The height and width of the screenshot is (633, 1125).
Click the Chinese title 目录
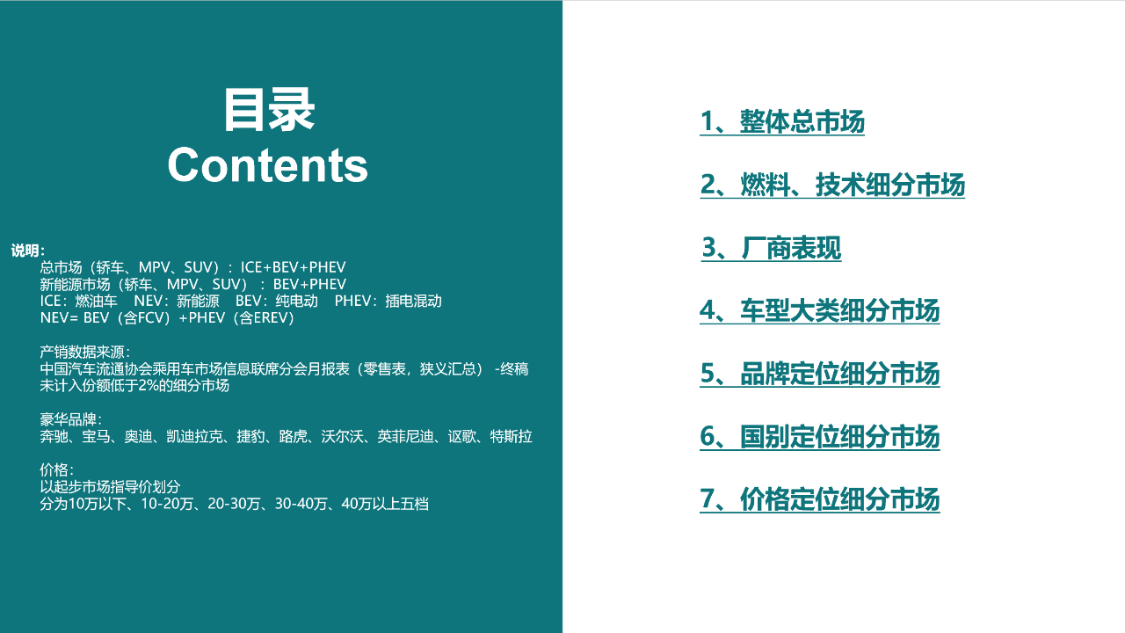pos(268,110)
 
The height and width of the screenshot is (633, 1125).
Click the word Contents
pos(268,164)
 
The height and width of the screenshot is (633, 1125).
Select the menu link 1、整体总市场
pos(782,122)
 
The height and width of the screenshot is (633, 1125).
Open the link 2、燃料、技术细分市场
pos(832,186)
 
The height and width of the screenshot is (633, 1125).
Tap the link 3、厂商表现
pos(771,249)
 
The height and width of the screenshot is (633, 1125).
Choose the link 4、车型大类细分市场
pos(819,311)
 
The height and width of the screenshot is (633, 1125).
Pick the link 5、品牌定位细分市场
pos(819,375)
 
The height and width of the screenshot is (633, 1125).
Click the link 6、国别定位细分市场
pos(819,437)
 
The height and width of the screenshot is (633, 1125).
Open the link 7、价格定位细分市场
pos(819,500)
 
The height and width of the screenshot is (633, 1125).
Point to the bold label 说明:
pos(28,251)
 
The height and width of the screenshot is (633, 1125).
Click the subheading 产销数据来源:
pos(85,353)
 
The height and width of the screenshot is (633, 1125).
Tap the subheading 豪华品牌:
pos(71,420)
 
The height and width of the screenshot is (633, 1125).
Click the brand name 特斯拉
pos(511,437)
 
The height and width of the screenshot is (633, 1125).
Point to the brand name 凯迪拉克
pos(194,437)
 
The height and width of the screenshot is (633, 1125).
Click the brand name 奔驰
pos(54,437)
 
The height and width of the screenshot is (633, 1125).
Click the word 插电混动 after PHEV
pos(412,302)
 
